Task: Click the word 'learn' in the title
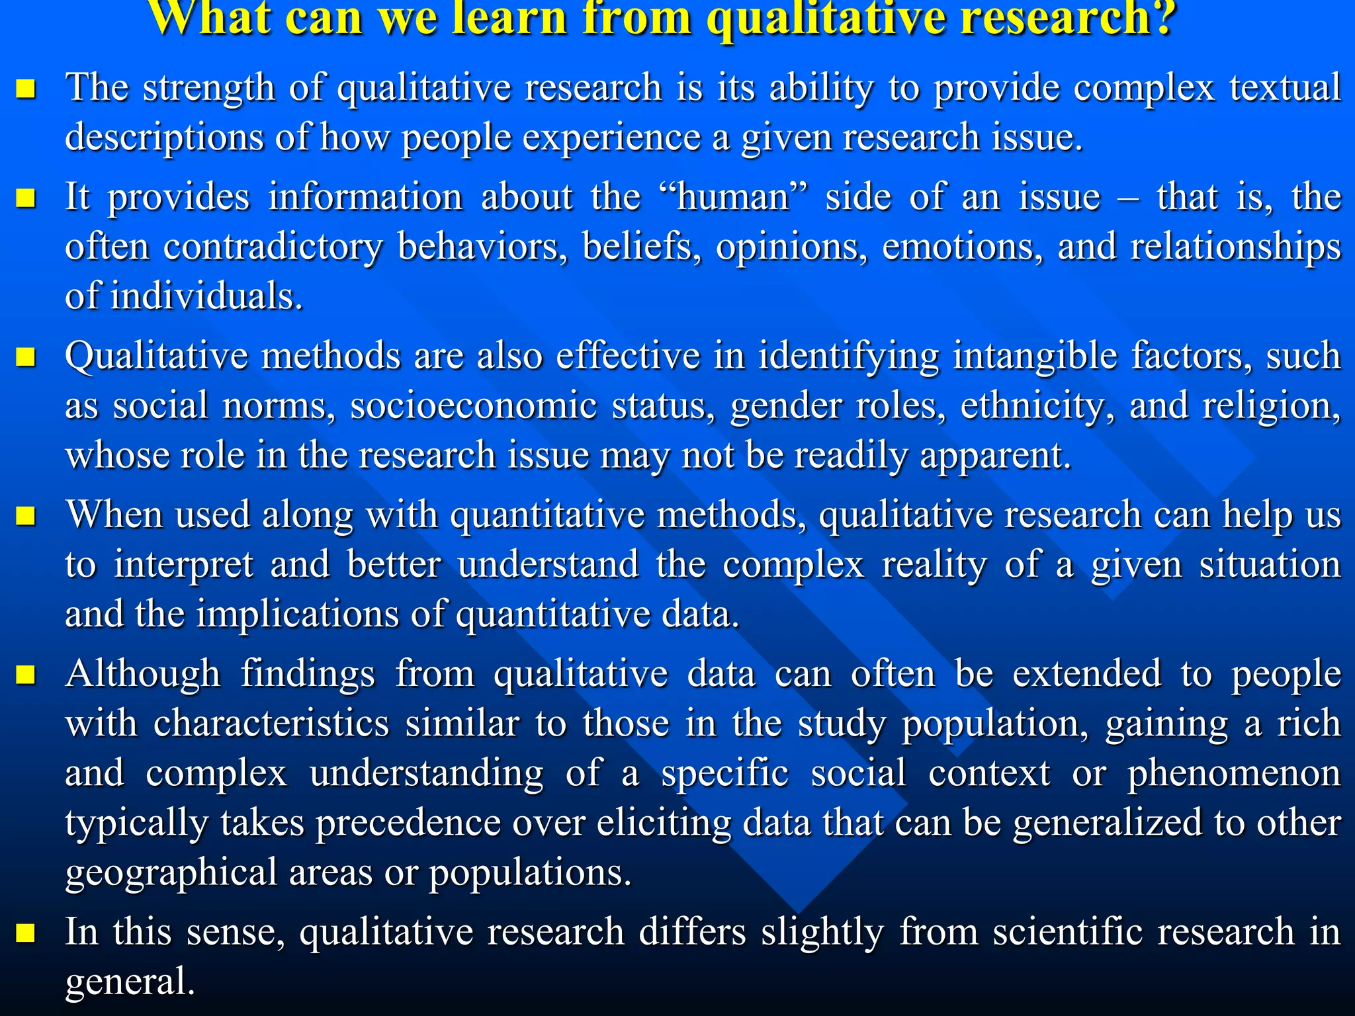point(509,18)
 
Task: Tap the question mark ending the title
point(1162,18)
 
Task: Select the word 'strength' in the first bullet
point(208,88)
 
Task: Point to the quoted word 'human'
point(734,197)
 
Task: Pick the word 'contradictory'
point(273,247)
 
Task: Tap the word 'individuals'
point(206,296)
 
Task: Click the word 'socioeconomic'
point(474,405)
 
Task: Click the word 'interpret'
point(183,565)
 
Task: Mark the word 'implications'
point(297,614)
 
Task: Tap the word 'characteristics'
point(271,724)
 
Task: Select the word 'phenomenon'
point(1234,773)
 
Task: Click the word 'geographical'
point(171,872)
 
